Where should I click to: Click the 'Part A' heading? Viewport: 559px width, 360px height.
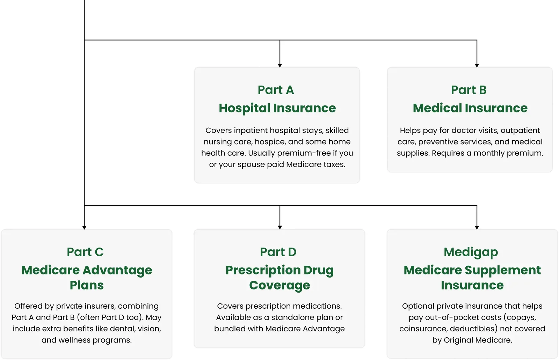(x=276, y=90)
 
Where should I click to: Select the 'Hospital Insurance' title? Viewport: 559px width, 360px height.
(x=277, y=108)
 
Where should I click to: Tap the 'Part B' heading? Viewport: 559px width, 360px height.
(x=469, y=90)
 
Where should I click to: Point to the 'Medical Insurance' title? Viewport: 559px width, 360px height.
(x=470, y=108)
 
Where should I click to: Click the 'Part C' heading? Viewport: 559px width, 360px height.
(x=85, y=252)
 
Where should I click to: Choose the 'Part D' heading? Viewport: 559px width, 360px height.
(x=278, y=252)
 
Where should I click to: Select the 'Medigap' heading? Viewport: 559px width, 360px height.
(x=471, y=252)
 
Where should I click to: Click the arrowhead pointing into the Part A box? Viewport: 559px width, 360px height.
(x=280, y=65)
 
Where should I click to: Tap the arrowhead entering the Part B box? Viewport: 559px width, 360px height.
(x=477, y=65)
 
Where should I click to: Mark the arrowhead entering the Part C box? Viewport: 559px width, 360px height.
(x=84, y=228)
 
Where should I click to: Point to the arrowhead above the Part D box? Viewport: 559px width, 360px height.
(x=280, y=228)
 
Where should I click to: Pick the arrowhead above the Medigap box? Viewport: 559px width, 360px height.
(x=477, y=228)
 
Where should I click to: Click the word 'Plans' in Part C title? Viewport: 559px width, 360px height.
(x=87, y=285)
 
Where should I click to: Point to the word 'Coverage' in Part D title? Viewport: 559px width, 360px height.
(x=279, y=286)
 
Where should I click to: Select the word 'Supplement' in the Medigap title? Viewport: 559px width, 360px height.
(x=503, y=271)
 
